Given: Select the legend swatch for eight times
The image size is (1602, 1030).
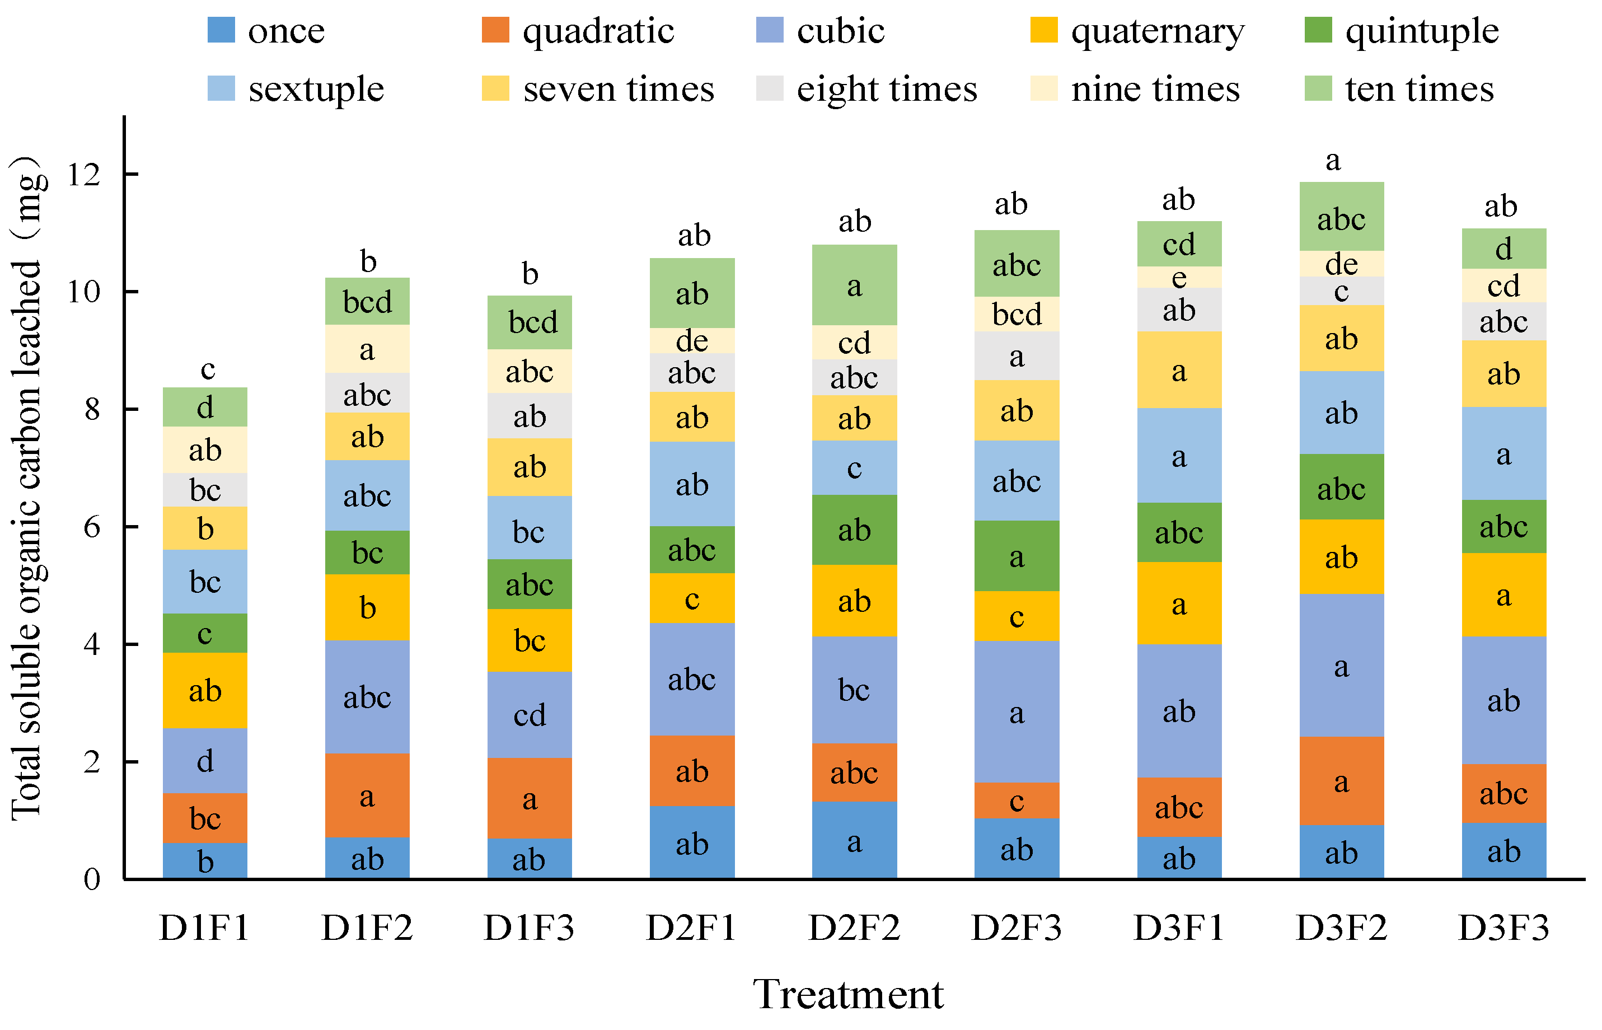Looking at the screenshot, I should (x=769, y=88).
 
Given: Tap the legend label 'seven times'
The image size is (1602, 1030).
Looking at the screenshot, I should (x=618, y=89).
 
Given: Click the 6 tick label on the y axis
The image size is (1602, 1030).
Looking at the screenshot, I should (x=92, y=528).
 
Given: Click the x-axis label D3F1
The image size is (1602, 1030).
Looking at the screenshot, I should (x=1179, y=928).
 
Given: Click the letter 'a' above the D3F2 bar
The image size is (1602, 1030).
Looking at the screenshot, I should (x=1333, y=161).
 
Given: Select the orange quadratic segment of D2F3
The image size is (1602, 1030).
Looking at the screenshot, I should (x=1017, y=800).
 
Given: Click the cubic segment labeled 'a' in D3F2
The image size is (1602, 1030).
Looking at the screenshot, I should (x=1341, y=666).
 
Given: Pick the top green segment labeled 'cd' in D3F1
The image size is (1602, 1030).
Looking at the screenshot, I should (x=1179, y=244).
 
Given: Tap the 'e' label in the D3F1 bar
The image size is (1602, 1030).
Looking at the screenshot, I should (x=1179, y=278).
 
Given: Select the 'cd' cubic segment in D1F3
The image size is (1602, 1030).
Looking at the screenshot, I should (x=530, y=715).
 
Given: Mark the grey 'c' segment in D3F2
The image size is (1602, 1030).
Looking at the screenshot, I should (x=1341, y=292).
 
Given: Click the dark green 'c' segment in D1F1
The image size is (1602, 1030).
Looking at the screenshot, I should (x=205, y=633).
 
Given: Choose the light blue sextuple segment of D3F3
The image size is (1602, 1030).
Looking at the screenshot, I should (x=1503, y=454).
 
